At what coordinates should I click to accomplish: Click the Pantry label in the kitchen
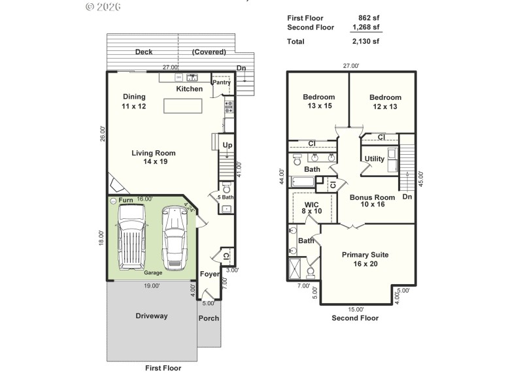[x=222, y=82]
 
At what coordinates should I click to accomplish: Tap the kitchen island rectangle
[x=182, y=106]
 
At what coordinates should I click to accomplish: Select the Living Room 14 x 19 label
[x=153, y=157]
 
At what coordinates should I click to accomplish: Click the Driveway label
[x=152, y=316]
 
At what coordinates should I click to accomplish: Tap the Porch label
[x=209, y=318]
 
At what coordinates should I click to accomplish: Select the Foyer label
[x=209, y=274]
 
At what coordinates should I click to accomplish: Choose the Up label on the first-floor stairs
[x=228, y=145]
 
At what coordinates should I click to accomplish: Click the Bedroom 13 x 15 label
[x=318, y=102]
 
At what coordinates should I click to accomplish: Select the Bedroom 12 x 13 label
[x=384, y=102]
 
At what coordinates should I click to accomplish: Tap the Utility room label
[x=375, y=159]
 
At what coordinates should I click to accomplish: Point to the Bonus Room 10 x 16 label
[x=372, y=201]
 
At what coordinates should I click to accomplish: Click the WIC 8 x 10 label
[x=311, y=208]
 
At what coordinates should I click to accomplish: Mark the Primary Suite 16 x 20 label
[x=365, y=259]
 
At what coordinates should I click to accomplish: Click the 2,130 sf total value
[x=366, y=41]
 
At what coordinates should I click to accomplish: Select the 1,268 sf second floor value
[x=366, y=27]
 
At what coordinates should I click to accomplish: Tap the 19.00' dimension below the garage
[x=152, y=286]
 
